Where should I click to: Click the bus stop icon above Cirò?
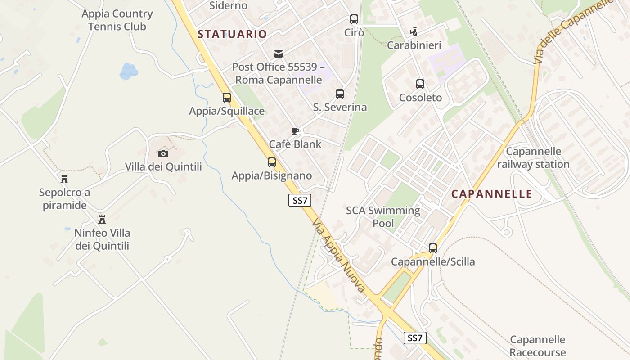354,19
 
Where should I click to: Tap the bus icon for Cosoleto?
420,84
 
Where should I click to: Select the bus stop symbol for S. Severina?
340,94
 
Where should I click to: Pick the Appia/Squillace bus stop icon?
227,98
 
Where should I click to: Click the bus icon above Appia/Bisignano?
272,162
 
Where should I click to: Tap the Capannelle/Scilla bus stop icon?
433,248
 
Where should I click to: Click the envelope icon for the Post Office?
279,54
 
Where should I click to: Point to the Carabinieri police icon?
414,32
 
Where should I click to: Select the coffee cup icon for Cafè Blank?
295,131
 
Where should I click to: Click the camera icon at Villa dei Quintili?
163,154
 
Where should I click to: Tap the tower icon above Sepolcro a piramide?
64,179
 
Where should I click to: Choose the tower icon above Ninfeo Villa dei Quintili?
102,220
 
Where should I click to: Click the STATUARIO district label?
232,34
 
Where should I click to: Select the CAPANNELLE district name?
492,194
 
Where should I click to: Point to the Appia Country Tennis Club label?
117,20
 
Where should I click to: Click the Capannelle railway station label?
533,158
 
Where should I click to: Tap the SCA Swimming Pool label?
383,217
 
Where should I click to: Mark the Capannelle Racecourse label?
537,346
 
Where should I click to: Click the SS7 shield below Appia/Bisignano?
300,201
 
